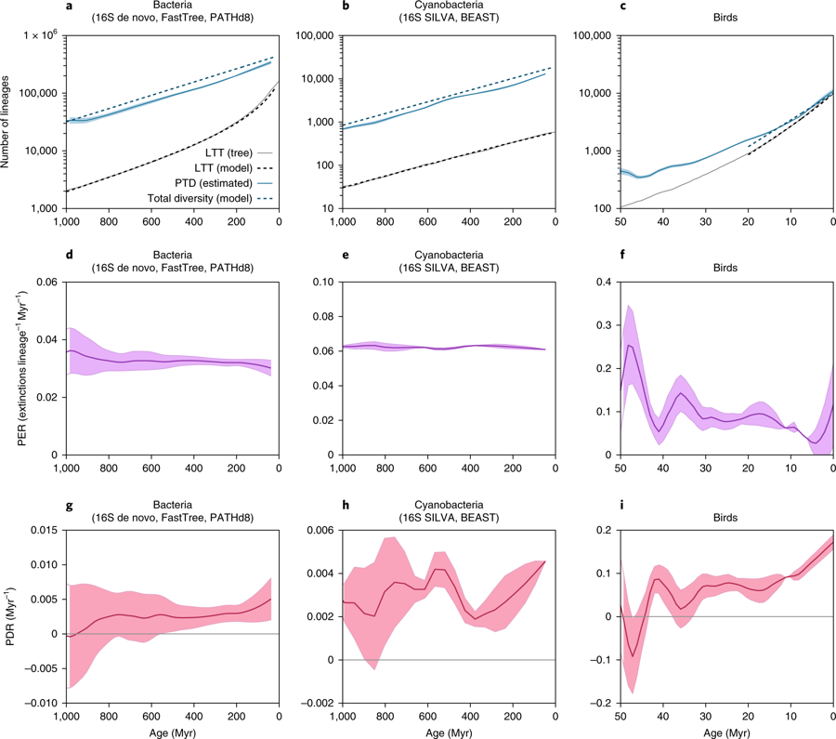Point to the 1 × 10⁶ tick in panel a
(x=36, y=35)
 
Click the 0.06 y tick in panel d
(x=44, y=282)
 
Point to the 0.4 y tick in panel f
(x=602, y=282)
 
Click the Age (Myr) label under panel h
(x=449, y=731)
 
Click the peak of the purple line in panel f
(x=628, y=345)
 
